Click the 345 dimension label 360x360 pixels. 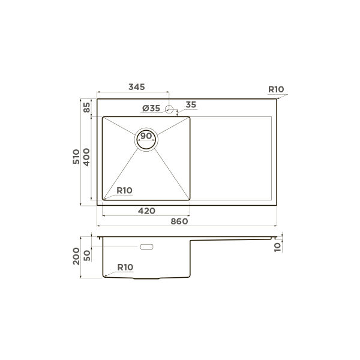137,87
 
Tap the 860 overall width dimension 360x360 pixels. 179,221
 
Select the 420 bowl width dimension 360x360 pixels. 146,211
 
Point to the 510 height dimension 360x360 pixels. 76,157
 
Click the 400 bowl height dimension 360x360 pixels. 86,157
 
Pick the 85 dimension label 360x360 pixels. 87,107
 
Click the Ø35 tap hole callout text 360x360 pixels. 151,108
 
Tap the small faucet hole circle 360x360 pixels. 169,109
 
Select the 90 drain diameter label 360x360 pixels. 146,136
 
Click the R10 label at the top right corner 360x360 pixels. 276,89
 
